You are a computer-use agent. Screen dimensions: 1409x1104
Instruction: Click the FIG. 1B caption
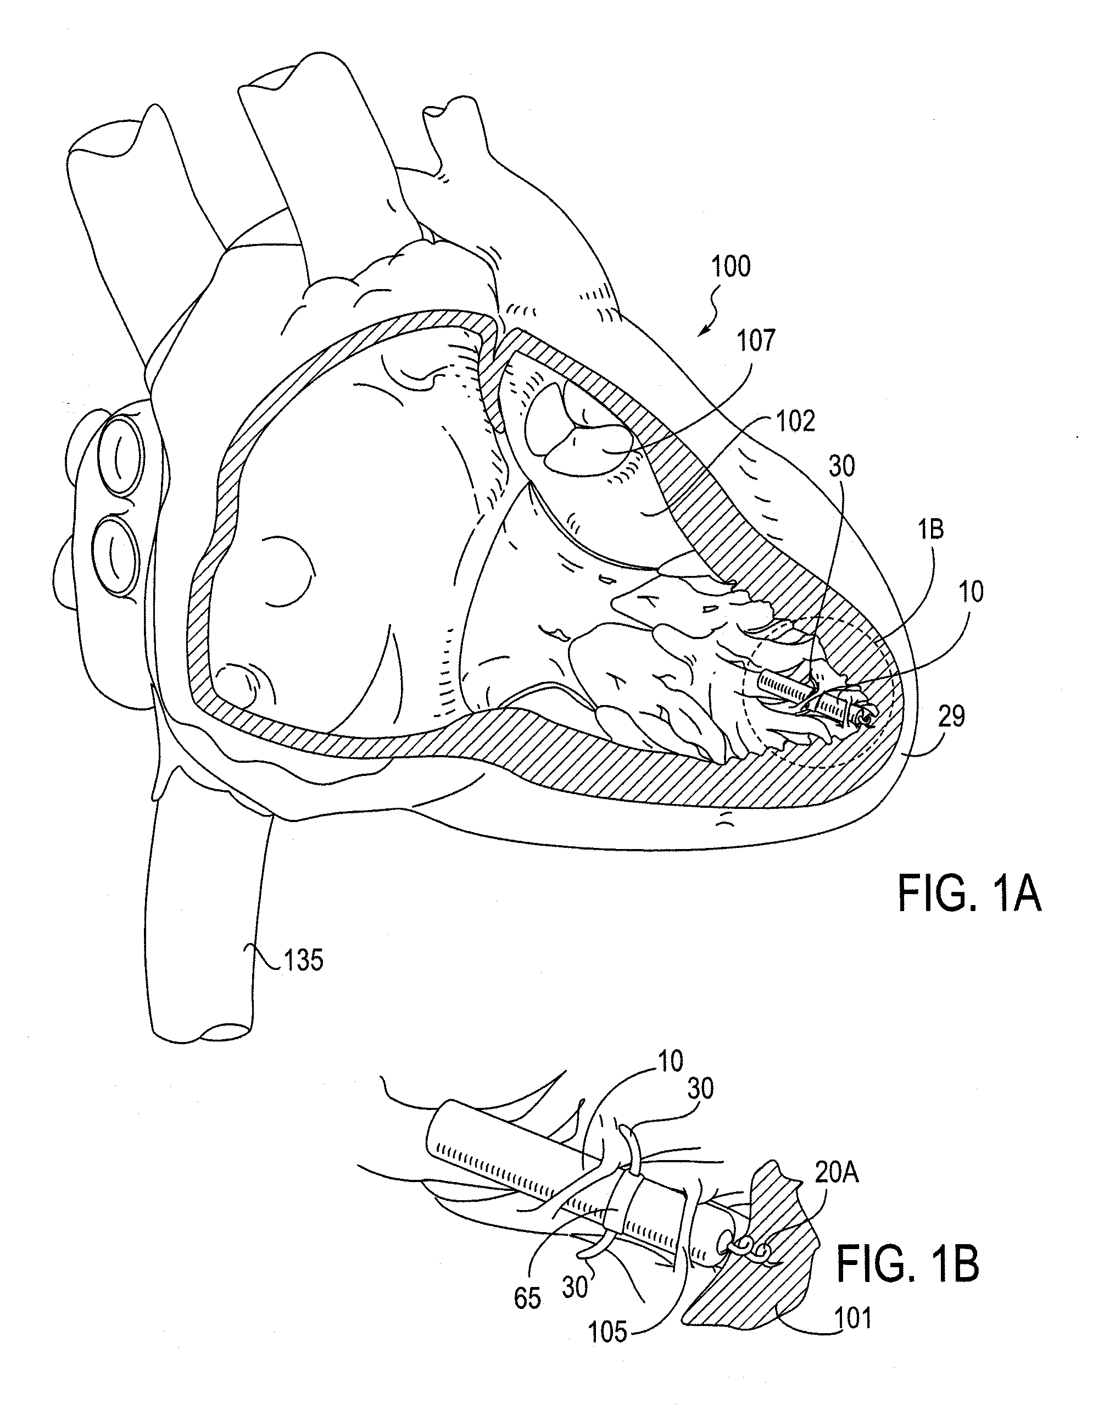(907, 1266)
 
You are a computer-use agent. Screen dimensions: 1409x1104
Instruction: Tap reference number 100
(731, 267)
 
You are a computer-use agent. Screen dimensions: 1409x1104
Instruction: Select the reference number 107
(756, 340)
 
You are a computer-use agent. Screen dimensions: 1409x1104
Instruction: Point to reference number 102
(796, 421)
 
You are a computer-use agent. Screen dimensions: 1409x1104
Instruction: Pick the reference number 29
(951, 717)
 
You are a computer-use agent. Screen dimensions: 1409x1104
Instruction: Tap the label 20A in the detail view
(837, 1172)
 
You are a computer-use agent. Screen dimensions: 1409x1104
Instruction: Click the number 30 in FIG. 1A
(841, 466)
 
